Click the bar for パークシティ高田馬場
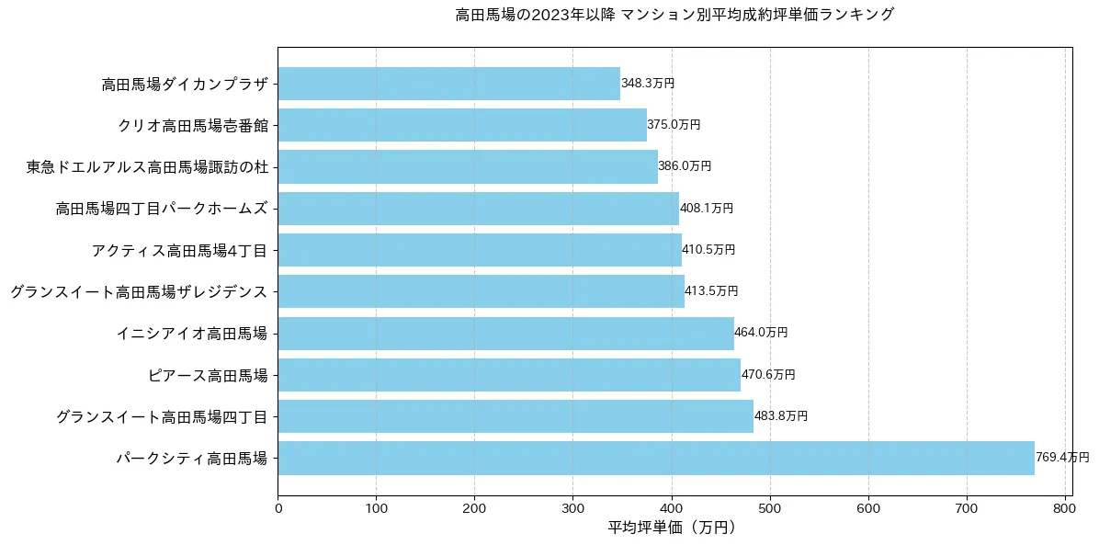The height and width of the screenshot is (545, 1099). tap(656, 458)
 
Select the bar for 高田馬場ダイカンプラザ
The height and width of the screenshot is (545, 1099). tap(448, 84)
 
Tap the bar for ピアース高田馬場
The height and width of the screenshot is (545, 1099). tap(509, 375)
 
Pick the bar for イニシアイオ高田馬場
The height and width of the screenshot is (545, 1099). tap(505, 333)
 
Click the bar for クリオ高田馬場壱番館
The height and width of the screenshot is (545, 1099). tap(462, 125)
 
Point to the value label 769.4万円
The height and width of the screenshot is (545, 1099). tap(1062, 458)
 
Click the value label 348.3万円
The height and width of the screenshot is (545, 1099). tap(648, 84)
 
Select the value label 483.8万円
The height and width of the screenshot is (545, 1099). tap(781, 416)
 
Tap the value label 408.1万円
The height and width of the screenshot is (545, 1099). tap(707, 209)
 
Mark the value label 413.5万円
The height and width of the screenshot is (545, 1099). tap(711, 291)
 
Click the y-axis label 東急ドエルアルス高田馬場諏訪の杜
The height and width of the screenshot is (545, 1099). tap(147, 167)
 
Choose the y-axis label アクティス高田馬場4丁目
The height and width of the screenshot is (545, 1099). tap(179, 250)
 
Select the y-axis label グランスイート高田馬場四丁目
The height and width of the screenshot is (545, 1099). tap(162, 416)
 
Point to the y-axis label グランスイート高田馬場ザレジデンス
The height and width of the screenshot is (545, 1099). tap(139, 292)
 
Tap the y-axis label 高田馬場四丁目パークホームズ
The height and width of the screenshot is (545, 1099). tap(162, 209)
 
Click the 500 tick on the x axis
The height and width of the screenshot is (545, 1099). tap(770, 505)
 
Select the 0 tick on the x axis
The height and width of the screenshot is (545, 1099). tap(278, 505)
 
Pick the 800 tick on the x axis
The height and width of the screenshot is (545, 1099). tap(1065, 505)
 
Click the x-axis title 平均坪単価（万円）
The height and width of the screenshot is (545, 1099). tap(671, 528)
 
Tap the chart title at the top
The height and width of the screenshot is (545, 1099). tap(674, 15)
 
